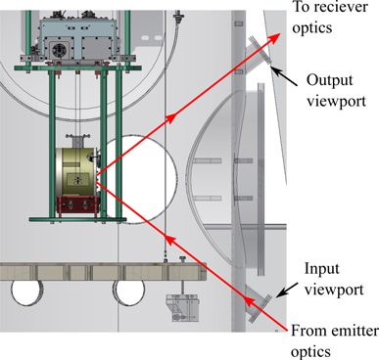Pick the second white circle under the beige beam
point(128,292)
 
